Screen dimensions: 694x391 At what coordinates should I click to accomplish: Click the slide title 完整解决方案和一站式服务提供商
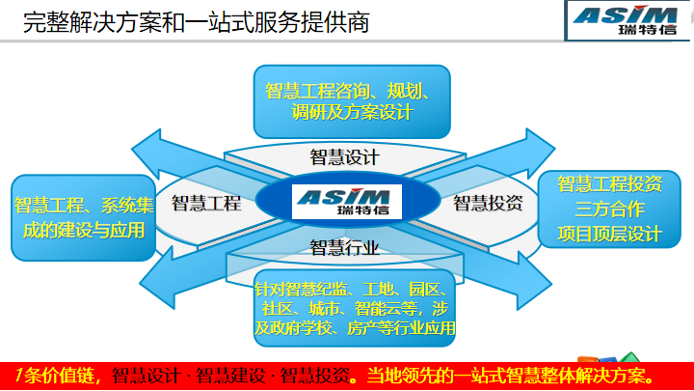tap(196, 22)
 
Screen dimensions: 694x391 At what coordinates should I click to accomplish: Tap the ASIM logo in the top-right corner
tap(626, 20)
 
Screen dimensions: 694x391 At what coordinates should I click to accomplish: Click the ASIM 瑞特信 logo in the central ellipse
tap(347, 202)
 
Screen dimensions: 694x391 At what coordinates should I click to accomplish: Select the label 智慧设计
tap(344, 157)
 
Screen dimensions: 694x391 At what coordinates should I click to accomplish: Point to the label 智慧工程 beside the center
tap(206, 204)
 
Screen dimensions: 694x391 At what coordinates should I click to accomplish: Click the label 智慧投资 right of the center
tap(488, 203)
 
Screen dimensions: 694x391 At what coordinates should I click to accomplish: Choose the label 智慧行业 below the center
tap(344, 247)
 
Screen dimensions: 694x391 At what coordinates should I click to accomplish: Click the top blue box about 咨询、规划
tap(352, 101)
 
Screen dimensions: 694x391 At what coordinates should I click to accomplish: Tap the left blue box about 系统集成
tap(83, 217)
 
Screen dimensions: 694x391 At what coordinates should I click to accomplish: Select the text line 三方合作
tap(609, 209)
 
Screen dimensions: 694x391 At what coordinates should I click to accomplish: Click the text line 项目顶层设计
tap(609, 234)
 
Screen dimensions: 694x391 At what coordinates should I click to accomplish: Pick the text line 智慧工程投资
tap(609, 184)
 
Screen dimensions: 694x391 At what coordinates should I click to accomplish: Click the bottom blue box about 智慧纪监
tap(355, 308)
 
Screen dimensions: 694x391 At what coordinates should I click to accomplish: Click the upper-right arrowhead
tap(539, 152)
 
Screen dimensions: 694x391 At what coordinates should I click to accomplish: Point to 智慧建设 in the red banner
tap(230, 376)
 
